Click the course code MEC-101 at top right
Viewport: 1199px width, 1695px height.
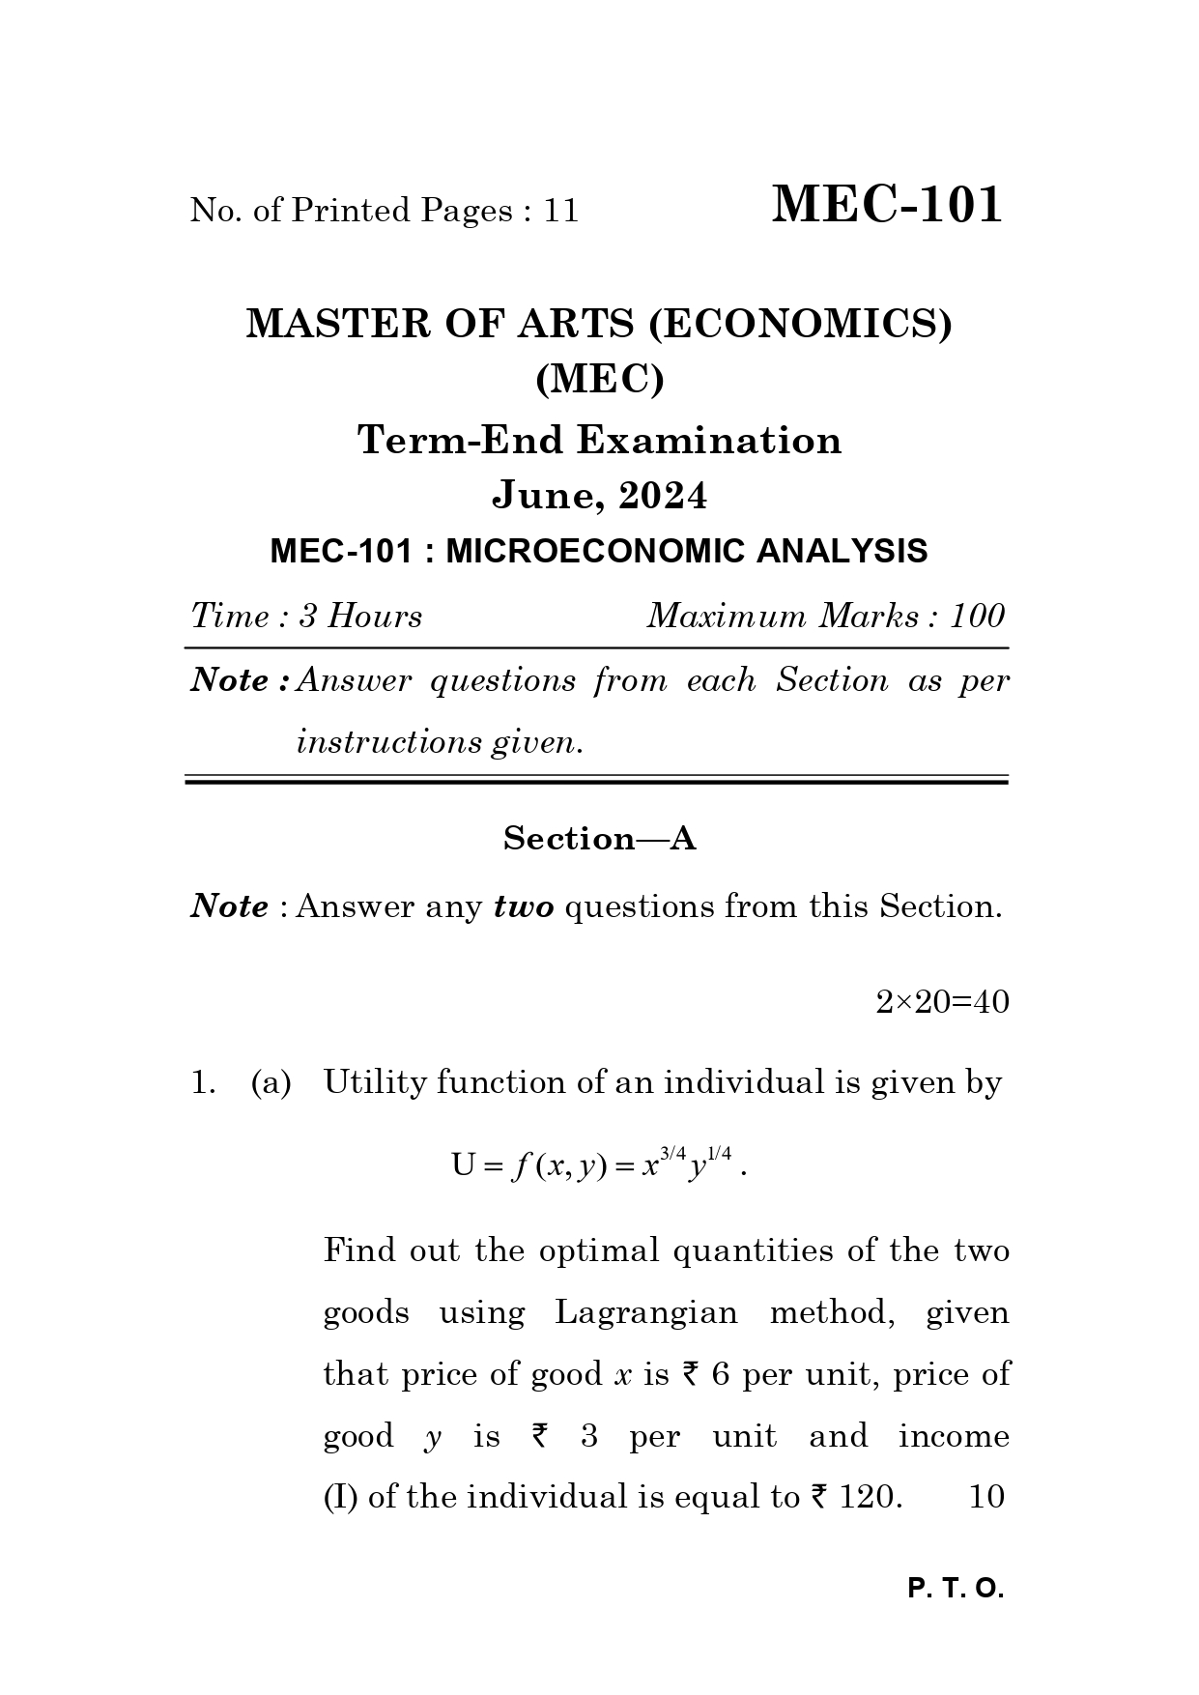point(886,205)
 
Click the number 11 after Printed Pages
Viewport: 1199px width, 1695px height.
point(560,211)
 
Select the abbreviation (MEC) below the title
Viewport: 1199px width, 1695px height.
point(599,380)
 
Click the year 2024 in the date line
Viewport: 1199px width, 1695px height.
point(663,496)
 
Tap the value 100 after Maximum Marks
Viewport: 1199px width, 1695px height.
point(978,617)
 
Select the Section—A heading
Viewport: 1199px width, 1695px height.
point(599,839)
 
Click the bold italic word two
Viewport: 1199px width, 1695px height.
point(523,907)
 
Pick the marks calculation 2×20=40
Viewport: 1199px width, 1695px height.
point(942,1002)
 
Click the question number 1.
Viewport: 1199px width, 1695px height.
point(201,1083)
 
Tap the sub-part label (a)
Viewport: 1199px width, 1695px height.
point(271,1083)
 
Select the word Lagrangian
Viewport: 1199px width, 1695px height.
point(645,1313)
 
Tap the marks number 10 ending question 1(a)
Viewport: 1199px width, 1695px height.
point(985,1497)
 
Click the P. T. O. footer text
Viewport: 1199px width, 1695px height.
point(956,1590)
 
